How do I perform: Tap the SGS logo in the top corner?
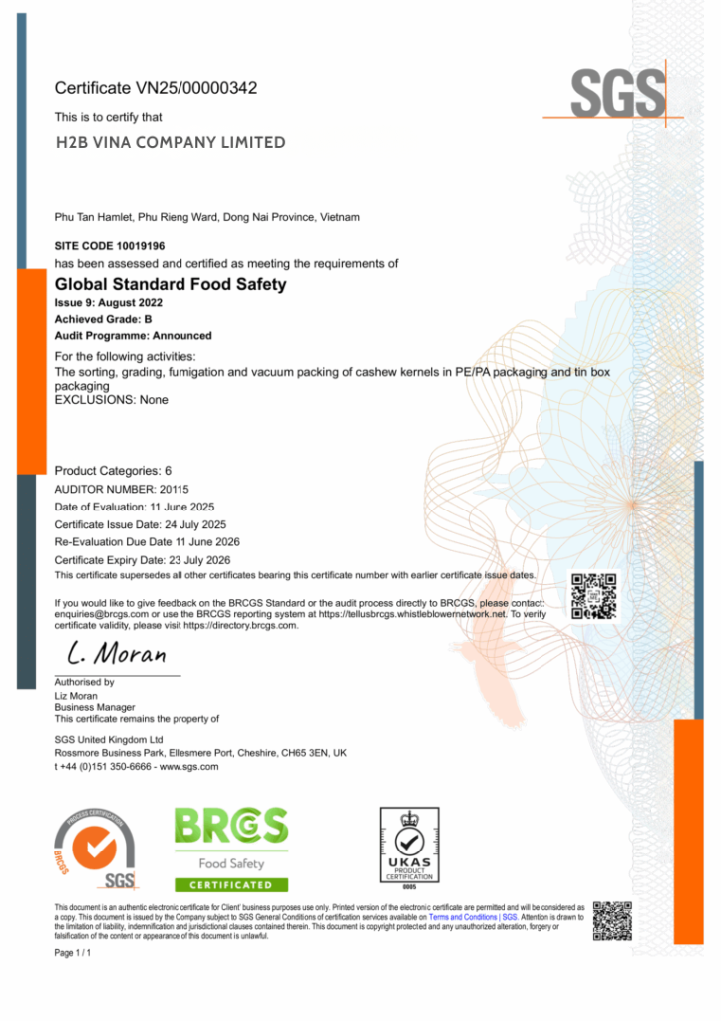(618, 94)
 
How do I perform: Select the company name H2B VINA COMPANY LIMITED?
(170, 142)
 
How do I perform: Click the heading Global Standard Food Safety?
(170, 284)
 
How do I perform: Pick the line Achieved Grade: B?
(103, 319)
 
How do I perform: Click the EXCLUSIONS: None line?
(111, 400)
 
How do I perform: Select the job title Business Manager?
(95, 707)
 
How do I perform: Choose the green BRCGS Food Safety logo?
(231, 849)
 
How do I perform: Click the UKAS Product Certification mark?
(409, 847)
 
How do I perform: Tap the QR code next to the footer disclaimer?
(612, 921)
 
